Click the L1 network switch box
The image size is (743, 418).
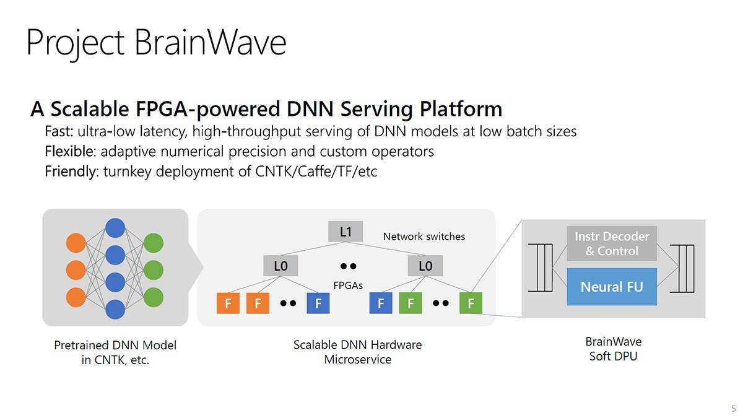coord(345,232)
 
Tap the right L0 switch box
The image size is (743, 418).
coord(425,266)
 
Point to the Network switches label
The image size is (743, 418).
coord(424,237)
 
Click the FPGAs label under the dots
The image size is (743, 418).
coord(348,285)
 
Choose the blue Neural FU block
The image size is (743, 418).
coord(612,287)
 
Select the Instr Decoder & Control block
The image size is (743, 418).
coord(612,243)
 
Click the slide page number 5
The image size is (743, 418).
coord(734,408)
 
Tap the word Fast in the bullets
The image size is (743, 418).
coord(58,132)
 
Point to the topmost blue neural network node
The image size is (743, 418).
coord(115,227)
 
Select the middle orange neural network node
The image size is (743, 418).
coord(76,270)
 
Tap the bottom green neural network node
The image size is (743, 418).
coord(153,297)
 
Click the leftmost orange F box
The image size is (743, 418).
coord(228,303)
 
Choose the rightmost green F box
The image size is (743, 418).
coord(471,303)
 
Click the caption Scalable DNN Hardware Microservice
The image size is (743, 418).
coord(357,352)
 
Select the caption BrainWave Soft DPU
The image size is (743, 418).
coord(613,349)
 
